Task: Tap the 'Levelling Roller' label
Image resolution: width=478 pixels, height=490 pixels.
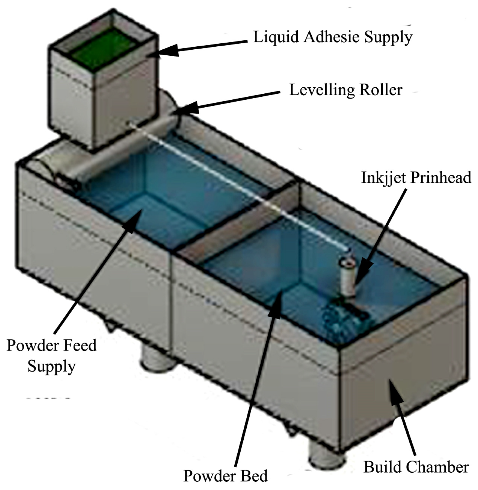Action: point(346,90)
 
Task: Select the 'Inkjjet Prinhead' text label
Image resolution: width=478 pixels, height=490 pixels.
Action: point(416,178)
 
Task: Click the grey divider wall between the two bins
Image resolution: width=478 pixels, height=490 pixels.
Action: point(239,226)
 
